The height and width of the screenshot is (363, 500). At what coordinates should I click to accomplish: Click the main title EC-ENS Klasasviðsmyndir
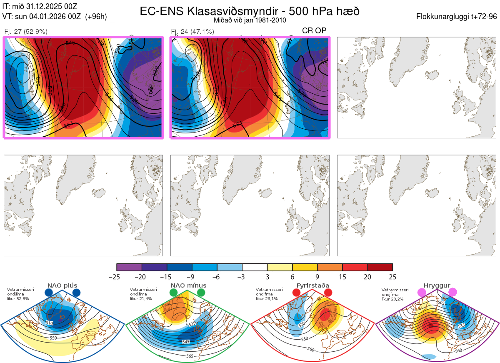(250, 11)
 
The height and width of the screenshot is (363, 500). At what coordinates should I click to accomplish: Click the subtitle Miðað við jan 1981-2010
(250, 20)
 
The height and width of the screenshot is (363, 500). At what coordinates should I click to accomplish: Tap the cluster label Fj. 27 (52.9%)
(26, 31)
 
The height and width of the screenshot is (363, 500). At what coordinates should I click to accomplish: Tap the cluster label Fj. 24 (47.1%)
(192, 31)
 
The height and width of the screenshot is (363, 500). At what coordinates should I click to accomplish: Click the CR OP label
(314, 30)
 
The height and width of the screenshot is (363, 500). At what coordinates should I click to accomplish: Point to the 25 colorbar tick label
(392, 277)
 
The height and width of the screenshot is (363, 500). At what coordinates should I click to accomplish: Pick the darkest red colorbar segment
(380, 267)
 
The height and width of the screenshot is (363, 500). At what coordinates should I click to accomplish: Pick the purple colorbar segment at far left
(129, 267)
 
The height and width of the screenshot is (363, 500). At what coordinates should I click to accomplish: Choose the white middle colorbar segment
(255, 267)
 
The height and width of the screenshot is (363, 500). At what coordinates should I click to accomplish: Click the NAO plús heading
(62, 285)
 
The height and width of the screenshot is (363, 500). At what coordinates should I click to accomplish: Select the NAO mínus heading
(188, 285)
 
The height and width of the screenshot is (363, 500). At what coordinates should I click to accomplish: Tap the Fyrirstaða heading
(312, 285)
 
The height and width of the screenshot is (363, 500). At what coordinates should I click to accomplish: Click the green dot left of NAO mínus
(173, 293)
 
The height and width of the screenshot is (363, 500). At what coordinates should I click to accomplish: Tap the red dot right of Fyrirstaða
(328, 293)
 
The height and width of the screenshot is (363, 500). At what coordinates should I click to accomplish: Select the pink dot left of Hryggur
(422, 293)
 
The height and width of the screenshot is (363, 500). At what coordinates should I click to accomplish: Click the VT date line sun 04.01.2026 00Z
(54, 17)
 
